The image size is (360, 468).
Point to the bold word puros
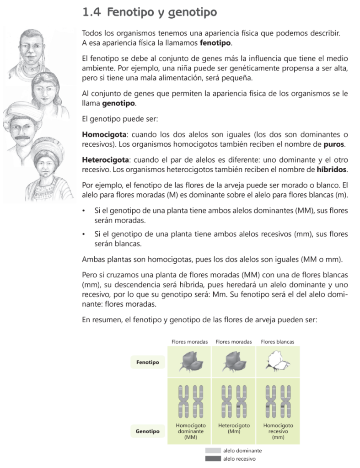pos(334,145)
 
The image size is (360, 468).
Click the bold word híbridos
pos(332,170)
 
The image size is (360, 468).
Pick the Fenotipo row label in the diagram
pos(148,362)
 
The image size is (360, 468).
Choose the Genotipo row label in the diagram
pos(148,431)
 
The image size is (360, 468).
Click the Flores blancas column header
pos(278,341)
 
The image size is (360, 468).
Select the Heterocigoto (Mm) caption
pos(234,428)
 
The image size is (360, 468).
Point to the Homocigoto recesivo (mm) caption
pos(278,431)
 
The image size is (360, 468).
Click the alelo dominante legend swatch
pos(213,451)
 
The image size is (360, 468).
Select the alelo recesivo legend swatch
pos(213,458)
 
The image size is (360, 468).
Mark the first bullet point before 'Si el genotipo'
pos(83,211)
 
